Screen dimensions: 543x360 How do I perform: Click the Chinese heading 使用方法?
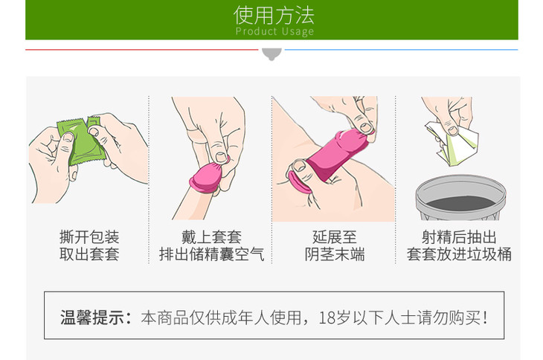pos(274,15)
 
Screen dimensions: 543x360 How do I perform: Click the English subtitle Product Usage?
pos(274,31)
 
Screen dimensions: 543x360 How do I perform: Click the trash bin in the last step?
pos(460,197)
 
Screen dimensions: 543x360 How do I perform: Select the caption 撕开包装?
pos(89,237)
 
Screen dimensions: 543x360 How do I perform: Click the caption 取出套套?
pos(89,254)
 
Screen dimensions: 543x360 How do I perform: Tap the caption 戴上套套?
pos(211,237)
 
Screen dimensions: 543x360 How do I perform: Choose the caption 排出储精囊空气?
pos(211,254)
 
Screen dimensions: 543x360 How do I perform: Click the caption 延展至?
pos(335,237)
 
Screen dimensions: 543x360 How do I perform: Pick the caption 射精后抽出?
pos(459,237)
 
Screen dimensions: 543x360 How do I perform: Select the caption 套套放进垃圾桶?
pos(459,254)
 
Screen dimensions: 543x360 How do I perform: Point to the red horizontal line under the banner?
pos(141,50)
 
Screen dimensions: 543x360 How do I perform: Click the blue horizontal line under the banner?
pos(401,50)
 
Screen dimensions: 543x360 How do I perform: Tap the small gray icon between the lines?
pos(271,54)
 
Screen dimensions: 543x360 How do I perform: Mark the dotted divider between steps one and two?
pos(149,180)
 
